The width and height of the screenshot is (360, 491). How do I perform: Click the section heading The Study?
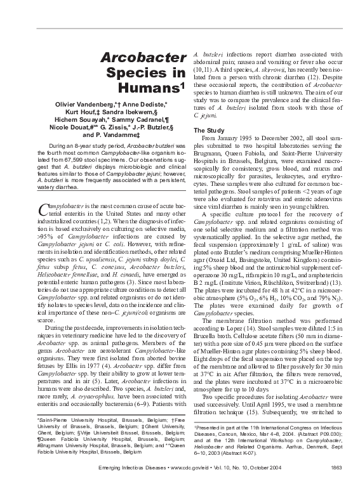coord(208,130)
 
